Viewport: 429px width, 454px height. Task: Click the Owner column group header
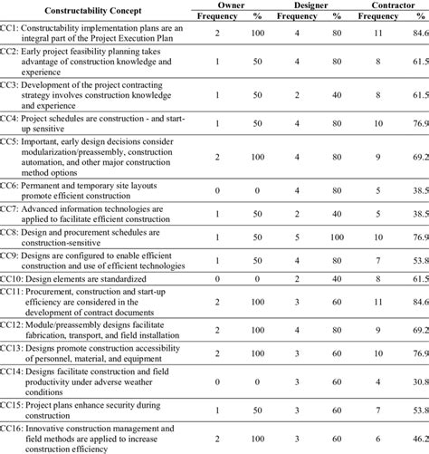point(233,5)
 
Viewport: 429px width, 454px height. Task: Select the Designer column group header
point(311,5)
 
